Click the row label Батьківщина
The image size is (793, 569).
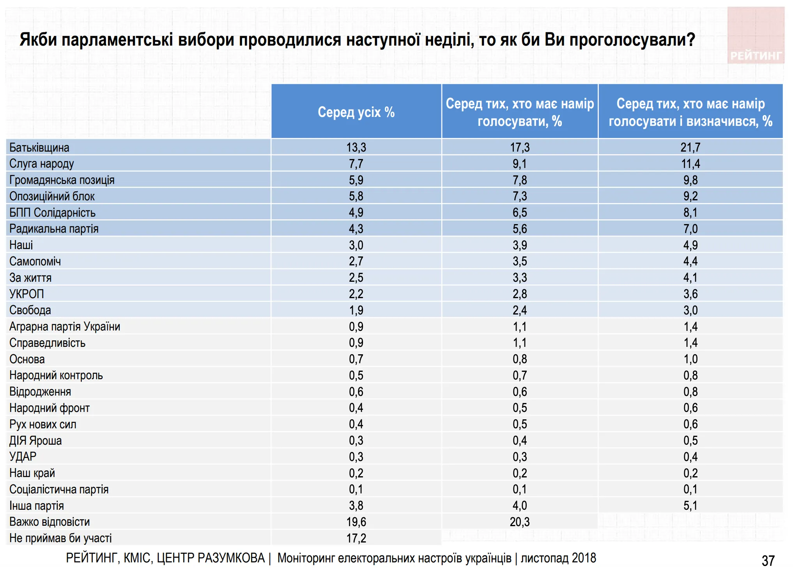click(x=39, y=148)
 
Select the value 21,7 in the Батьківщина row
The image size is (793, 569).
click(x=690, y=147)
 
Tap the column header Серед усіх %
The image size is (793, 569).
click(x=356, y=112)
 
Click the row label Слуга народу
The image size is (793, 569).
click(x=42, y=164)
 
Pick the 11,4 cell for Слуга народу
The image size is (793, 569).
click(x=690, y=164)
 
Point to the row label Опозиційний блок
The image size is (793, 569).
click(x=52, y=196)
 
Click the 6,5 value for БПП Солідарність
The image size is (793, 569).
click(x=519, y=213)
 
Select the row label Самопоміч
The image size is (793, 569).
click(x=35, y=262)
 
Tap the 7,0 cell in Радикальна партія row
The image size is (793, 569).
click(x=690, y=229)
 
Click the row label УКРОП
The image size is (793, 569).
click(x=27, y=294)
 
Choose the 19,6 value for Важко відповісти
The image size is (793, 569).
click(x=356, y=522)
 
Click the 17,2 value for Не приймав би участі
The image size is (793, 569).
click(x=356, y=538)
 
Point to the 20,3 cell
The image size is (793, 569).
click(x=519, y=522)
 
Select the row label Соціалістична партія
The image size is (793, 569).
click(x=59, y=489)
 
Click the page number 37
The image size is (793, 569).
click(x=768, y=561)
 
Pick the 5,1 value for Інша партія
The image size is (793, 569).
click(x=690, y=506)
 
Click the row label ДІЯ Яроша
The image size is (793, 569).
click(x=35, y=441)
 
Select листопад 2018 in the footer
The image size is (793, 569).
click(x=558, y=558)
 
